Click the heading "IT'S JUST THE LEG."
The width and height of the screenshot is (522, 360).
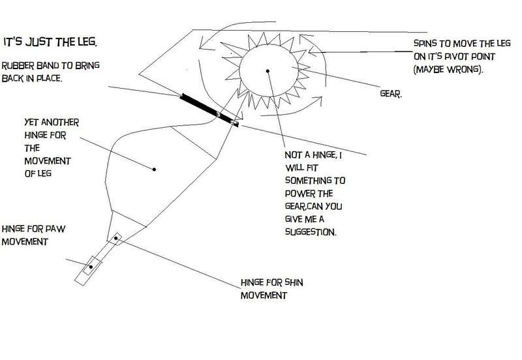(50, 42)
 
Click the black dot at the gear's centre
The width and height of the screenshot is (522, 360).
(268, 71)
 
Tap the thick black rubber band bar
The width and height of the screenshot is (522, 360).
(209, 110)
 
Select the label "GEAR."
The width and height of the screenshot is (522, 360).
(391, 93)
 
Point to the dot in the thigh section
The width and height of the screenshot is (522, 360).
(154, 170)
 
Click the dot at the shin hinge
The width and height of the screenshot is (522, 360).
(116, 238)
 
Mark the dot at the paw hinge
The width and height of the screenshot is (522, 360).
(91, 267)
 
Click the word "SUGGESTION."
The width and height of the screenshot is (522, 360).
(311, 232)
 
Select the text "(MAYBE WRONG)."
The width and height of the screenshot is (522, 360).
(448, 70)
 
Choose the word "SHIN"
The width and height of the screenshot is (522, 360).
(294, 283)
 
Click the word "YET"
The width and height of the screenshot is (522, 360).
(31, 123)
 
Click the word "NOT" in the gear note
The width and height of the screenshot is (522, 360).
(292, 155)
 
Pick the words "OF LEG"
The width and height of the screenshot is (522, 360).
(38, 173)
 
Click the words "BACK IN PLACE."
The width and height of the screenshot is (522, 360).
(32, 78)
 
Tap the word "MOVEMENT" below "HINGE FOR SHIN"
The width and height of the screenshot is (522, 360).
(264, 295)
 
